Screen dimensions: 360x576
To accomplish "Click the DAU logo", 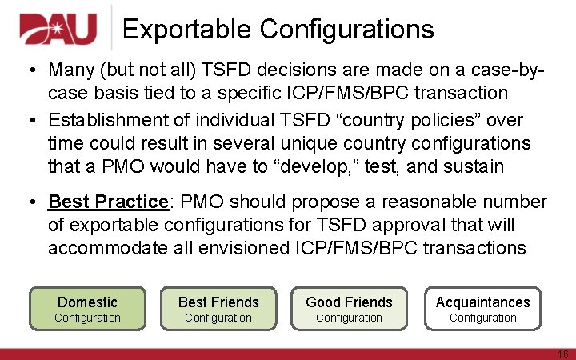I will pyautogui.click(x=58, y=30).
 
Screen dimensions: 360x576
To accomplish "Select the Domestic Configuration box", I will pyautogui.click(x=88, y=309).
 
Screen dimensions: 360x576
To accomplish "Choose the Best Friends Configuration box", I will pyautogui.click(x=218, y=309).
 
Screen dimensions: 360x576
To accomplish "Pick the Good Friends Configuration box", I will pyautogui.click(x=349, y=309).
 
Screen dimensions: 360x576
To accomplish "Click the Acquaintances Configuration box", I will pyautogui.click(x=482, y=309).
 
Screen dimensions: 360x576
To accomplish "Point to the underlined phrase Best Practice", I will pyautogui.click(x=108, y=202).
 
